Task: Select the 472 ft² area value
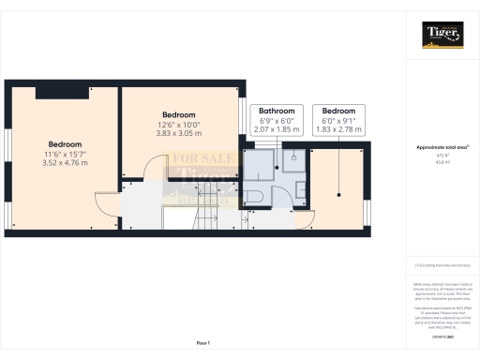click(x=440, y=156)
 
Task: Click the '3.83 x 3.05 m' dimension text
click(x=178, y=133)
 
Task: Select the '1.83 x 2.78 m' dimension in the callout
click(x=338, y=129)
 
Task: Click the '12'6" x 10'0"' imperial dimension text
click(x=178, y=124)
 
